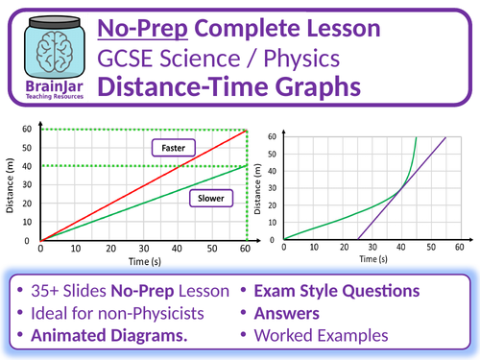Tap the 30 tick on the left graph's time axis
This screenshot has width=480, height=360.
click(x=144, y=248)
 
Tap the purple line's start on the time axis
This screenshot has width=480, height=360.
click(x=358, y=239)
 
